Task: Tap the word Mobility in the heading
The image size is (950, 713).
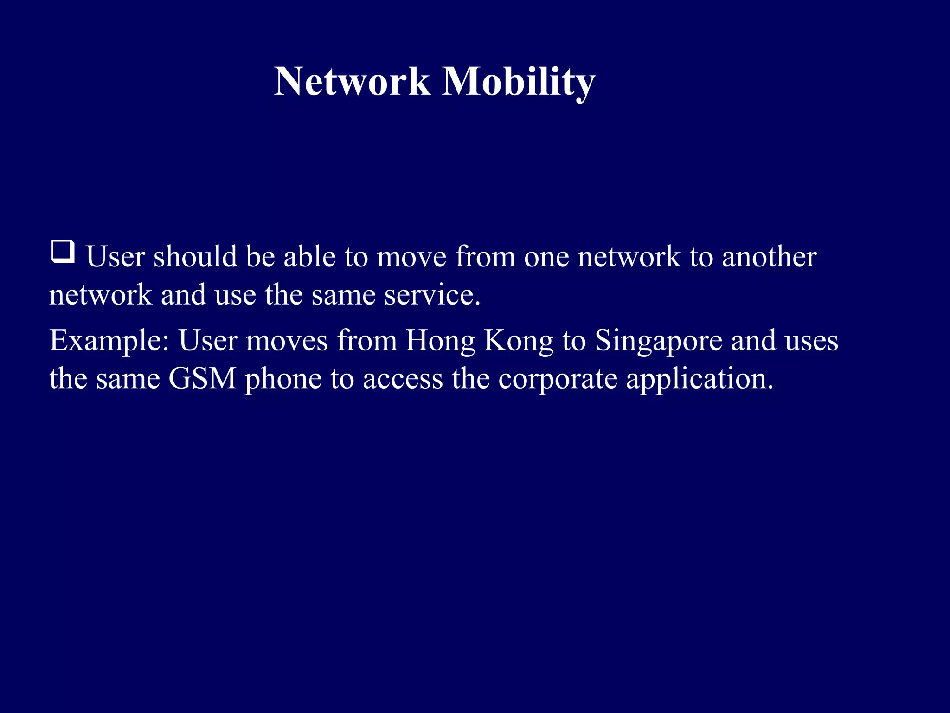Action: pos(518,82)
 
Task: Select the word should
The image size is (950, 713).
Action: pos(195,256)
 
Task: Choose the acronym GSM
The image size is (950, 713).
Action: pos(202,378)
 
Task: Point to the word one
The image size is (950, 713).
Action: pos(546,257)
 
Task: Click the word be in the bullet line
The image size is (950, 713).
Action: pos(260,256)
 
